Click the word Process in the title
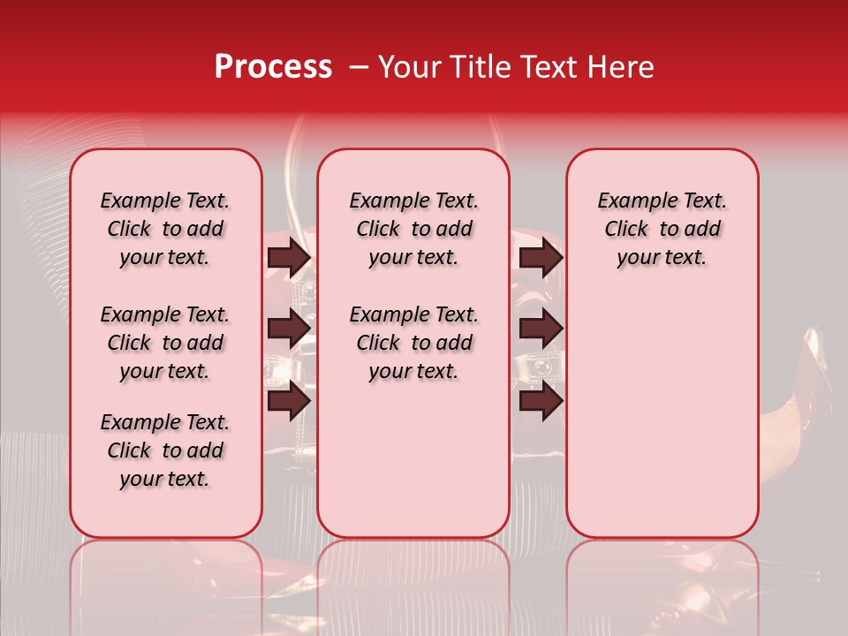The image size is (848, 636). coord(273,67)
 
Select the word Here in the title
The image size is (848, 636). coord(622,67)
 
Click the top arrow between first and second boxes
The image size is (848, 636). coord(289,257)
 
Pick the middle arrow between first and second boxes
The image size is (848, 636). coord(289,329)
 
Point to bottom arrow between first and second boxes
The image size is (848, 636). coord(289,401)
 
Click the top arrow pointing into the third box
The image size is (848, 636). coord(541,257)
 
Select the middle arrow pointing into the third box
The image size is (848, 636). coord(541,329)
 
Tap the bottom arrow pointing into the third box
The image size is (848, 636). coord(541,401)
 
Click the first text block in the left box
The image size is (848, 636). coord(165,229)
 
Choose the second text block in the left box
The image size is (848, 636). coord(165,343)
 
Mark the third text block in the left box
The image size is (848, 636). coord(165,450)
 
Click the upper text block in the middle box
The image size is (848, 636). coord(414,229)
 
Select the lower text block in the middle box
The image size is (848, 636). coord(414,343)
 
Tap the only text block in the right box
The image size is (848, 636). coord(662,229)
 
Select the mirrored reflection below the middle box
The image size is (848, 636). coord(413,583)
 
